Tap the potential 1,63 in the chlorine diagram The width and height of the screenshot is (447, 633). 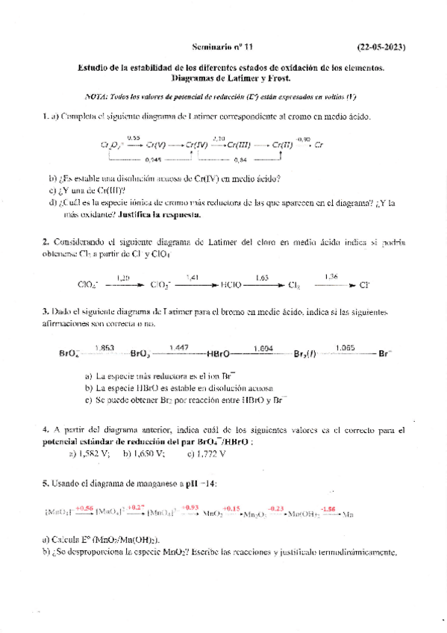pyautogui.click(x=261, y=278)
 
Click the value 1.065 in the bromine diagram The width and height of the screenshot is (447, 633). pyautogui.click(x=345, y=347)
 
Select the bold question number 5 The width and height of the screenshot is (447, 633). pyautogui.click(x=46, y=484)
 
